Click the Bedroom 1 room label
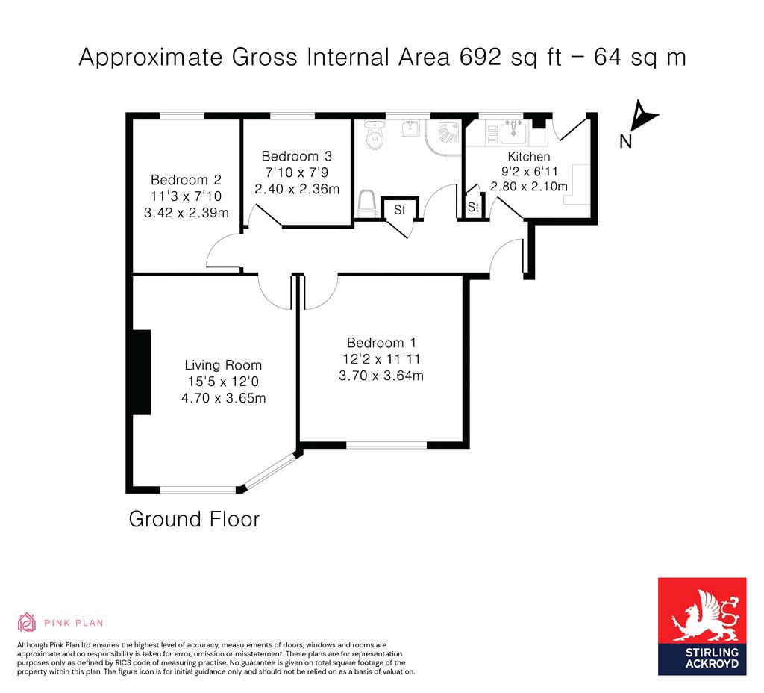pos(381,342)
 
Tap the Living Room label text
pos(223,365)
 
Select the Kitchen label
pos(529,157)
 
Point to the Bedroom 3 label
pos(297,156)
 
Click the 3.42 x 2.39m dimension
pos(186,213)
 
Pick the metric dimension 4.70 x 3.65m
pos(224,398)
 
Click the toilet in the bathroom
pos(375,134)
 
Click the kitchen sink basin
pos(513,131)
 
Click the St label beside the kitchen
pos(473,208)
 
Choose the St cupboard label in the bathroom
pos(400,210)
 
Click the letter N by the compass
pos(626,141)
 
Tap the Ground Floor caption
pos(195,519)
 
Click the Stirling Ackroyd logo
pos(702,627)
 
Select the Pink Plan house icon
pos(26,622)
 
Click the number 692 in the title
pos(480,57)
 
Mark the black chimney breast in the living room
pos(142,372)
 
